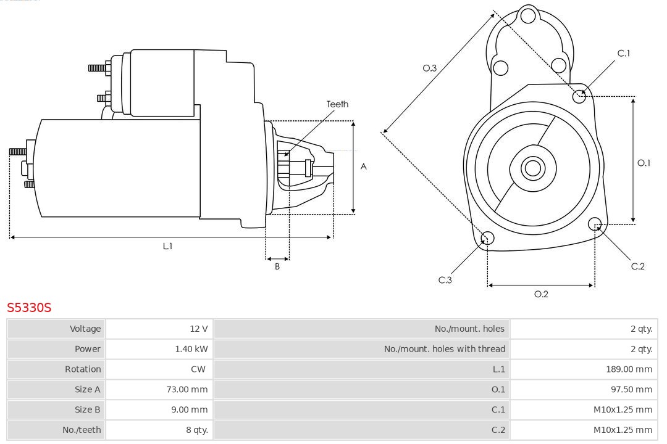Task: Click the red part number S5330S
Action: coord(29,307)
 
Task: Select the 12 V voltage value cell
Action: coord(199,329)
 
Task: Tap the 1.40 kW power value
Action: coord(191,349)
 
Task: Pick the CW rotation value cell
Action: coord(199,369)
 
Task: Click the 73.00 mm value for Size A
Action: coord(187,389)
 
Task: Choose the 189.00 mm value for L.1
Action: coord(629,369)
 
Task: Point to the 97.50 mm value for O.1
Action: coord(631,389)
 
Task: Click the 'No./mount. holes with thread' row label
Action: coord(444,349)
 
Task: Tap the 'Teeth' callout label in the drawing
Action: coord(337,104)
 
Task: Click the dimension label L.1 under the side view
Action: coord(167,246)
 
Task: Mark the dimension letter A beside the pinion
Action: coord(364,166)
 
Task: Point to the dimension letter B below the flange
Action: coord(277,267)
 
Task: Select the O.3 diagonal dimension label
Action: coord(430,68)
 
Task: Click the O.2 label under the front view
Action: coord(541,294)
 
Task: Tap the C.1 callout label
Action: coord(624,53)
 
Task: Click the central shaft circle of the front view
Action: coord(532,168)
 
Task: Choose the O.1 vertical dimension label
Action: coord(644,163)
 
